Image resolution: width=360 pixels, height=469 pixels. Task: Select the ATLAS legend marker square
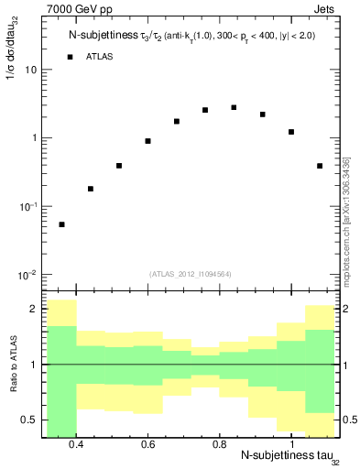click(70, 57)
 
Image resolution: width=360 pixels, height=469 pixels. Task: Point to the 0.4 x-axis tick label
click(76, 444)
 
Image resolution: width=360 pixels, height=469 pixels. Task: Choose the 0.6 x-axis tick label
click(147, 444)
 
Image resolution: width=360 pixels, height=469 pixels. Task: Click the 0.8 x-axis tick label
click(219, 444)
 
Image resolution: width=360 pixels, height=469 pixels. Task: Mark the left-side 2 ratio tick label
click(33, 310)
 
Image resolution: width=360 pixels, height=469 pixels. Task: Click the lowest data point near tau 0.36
click(61, 224)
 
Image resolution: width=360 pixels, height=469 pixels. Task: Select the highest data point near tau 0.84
click(234, 107)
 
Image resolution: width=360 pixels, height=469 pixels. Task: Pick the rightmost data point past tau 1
click(319, 166)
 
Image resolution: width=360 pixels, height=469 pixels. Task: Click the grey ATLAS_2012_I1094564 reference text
click(191, 272)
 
